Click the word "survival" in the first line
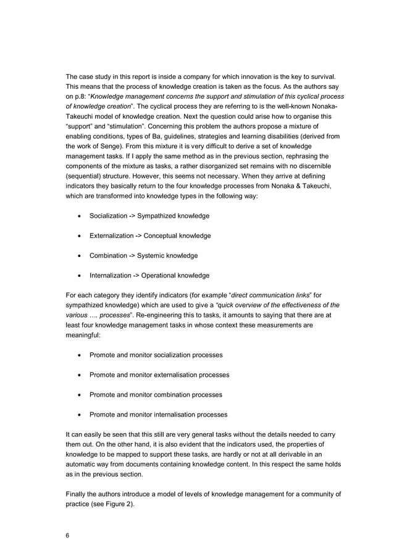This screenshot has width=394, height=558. pos(321,76)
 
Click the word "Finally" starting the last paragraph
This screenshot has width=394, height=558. pos(77,494)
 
